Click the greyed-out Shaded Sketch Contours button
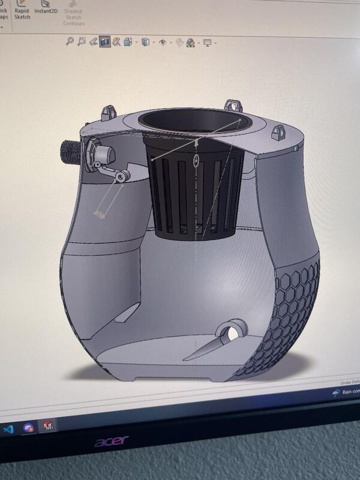tap(74, 14)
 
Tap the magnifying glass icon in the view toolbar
tap(70, 41)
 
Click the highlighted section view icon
tap(105, 42)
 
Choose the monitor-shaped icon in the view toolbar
tap(208, 43)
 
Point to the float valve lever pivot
tap(122, 176)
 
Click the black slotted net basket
tap(194, 192)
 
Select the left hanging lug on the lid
tap(108, 112)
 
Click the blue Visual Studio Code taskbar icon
tap(8, 428)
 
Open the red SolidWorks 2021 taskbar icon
tap(47, 427)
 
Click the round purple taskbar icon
tap(28, 428)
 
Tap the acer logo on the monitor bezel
tap(111, 442)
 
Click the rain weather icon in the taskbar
tap(336, 393)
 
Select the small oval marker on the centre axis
tap(197, 160)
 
